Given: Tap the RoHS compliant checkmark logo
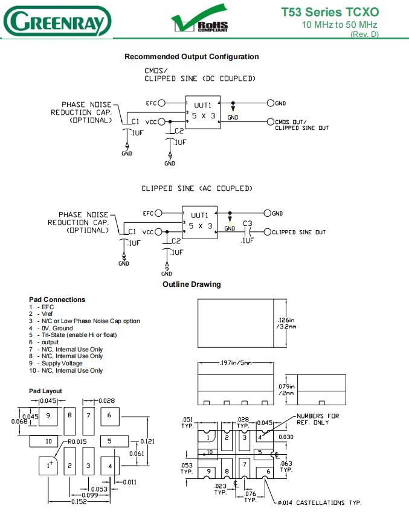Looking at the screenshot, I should (x=199, y=22).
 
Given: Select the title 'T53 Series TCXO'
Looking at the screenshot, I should (x=330, y=11).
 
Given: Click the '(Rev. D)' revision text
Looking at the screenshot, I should (x=364, y=34).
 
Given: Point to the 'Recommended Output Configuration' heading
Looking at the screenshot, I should (x=192, y=57).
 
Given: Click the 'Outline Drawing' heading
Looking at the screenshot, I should (x=192, y=284).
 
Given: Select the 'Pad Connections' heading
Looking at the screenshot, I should (x=57, y=300).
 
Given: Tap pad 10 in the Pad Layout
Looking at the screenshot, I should (x=47, y=441).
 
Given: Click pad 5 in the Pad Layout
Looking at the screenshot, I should (x=109, y=441).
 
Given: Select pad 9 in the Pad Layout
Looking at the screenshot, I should (x=47, y=415).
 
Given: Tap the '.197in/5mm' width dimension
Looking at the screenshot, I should (x=236, y=363).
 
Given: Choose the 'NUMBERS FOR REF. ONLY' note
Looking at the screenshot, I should (x=318, y=419).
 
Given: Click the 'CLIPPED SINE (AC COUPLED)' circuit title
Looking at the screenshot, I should (x=196, y=188).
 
